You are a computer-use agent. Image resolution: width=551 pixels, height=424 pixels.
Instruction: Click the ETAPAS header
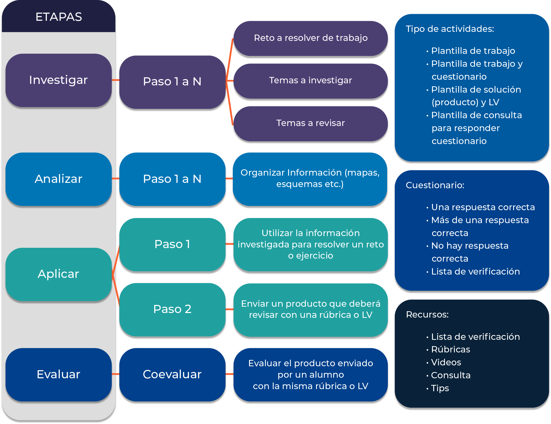click(59, 17)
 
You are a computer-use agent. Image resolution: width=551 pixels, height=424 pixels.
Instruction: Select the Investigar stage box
click(59, 80)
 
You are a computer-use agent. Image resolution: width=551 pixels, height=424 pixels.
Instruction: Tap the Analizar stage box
click(59, 179)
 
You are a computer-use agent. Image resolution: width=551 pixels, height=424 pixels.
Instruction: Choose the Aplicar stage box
click(59, 274)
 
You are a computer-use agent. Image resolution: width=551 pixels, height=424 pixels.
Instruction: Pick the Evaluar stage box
click(59, 374)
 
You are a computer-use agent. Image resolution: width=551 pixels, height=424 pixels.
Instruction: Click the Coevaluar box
click(172, 374)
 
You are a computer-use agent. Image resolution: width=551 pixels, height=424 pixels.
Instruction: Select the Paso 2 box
click(172, 309)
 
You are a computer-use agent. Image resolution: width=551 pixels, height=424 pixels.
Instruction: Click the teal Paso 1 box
click(172, 244)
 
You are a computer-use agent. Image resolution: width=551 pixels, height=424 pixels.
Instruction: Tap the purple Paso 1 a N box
click(172, 81)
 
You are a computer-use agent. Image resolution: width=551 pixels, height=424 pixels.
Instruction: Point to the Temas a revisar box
click(310, 123)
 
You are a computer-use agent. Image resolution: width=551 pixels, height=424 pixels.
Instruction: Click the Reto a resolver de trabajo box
click(310, 38)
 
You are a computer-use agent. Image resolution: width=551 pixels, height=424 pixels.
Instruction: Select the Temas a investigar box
click(310, 80)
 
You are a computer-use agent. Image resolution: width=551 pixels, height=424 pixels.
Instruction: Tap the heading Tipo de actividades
click(450, 29)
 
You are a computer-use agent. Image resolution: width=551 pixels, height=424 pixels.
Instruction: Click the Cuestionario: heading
click(435, 185)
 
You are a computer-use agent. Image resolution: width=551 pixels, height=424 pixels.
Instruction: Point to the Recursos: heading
click(427, 315)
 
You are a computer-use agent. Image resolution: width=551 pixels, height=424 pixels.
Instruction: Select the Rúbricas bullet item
click(450, 349)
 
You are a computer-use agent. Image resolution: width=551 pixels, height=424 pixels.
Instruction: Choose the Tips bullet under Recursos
click(440, 388)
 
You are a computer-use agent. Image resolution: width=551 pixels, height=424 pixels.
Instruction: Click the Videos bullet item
click(446, 362)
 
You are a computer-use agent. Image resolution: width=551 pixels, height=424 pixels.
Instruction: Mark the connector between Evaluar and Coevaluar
click(115, 374)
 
